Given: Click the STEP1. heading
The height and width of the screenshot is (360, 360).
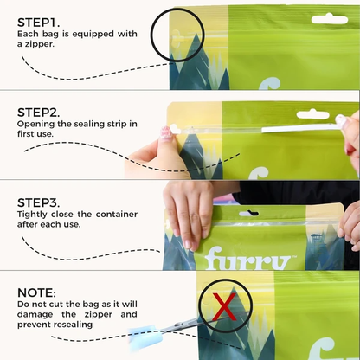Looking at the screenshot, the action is tap(38, 22).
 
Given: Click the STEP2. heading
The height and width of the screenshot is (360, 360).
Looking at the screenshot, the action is tap(38, 112).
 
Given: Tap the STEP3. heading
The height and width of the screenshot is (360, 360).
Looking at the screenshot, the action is tap(38, 202).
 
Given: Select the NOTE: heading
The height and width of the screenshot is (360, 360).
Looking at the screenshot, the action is tap(36, 292).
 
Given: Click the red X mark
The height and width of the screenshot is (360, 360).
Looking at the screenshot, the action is tap(224, 306).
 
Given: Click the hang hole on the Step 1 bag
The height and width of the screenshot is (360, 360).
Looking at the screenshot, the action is tap(330, 19).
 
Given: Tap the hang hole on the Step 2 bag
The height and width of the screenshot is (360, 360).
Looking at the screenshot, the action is tap(312, 114).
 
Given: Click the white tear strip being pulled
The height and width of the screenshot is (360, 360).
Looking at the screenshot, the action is tap(300, 128).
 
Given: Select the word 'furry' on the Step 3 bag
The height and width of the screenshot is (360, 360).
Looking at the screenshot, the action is tap(247, 259).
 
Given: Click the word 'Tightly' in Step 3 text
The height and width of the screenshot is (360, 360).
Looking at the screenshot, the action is tap(32, 215).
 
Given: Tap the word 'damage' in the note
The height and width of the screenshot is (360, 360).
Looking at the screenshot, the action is tap(35, 315).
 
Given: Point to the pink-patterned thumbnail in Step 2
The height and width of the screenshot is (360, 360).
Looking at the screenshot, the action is tap(166, 132).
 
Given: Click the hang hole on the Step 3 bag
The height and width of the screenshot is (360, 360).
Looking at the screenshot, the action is tap(248, 214).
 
